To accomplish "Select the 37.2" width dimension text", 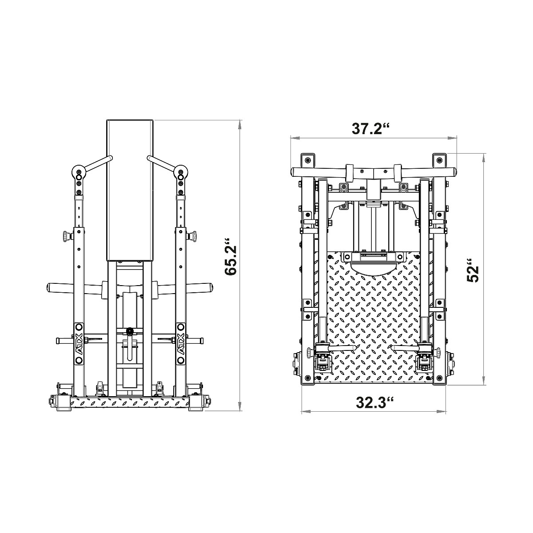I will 370,129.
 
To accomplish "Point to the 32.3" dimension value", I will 374,403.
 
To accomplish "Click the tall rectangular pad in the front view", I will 129,190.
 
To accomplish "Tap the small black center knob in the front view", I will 129,330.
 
